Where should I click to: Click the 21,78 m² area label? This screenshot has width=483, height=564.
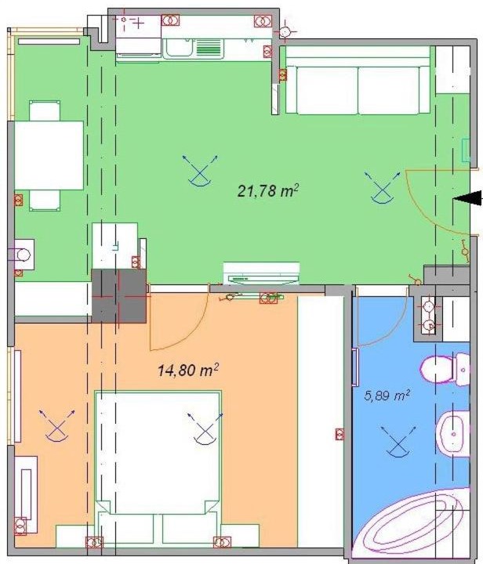click(x=268, y=190)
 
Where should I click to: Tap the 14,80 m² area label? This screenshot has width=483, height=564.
click(x=188, y=370)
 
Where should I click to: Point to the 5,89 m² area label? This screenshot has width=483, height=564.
click(x=387, y=396)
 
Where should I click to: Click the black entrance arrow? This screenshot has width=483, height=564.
click(x=467, y=198)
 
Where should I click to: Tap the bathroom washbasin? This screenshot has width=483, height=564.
click(x=452, y=434)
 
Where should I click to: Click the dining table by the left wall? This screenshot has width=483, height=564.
click(x=49, y=155)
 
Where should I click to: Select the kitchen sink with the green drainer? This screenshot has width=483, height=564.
click(x=193, y=49)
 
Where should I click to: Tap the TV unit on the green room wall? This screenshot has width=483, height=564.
click(x=261, y=273)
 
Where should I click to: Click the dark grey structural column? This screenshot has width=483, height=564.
click(x=119, y=295)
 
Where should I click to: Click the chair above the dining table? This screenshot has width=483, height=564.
click(x=45, y=110)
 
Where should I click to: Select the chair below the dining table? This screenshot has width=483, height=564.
click(x=45, y=201)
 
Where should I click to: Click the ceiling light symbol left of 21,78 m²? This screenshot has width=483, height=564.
click(x=200, y=172)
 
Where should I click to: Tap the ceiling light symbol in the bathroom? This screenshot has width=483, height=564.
click(x=398, y=442)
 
